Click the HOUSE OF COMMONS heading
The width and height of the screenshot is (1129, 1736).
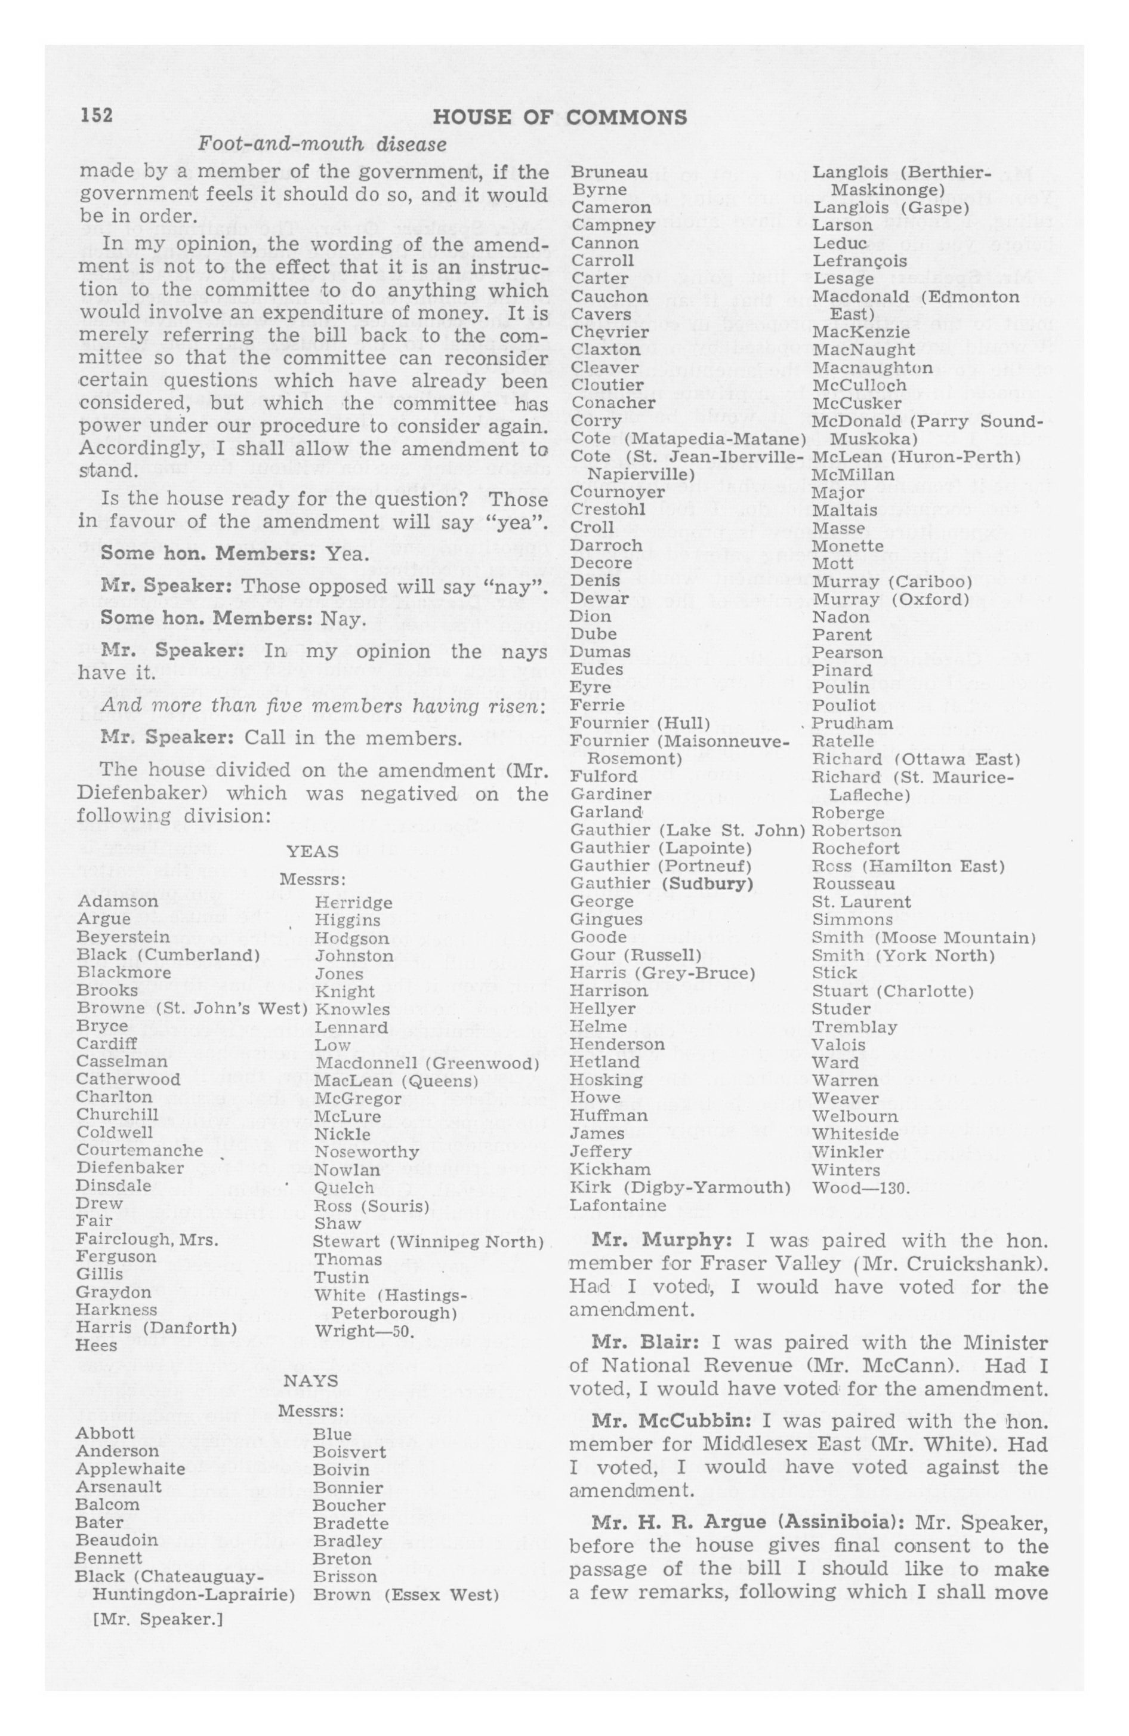[559, 118]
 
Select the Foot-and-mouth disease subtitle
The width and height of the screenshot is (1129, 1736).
[322, 144]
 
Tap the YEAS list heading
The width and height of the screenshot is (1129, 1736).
[312, 851]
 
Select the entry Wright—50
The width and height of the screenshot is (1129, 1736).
[365, 1331]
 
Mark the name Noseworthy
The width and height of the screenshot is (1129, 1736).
[366, 1152]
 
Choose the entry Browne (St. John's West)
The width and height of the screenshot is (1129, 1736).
[192, 1008]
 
